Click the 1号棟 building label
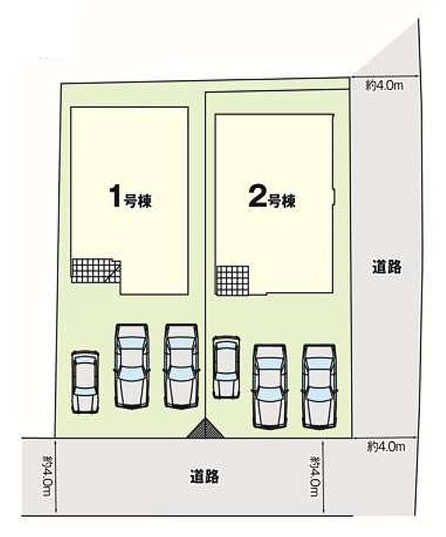(129, 197)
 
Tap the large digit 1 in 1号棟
(114, 196)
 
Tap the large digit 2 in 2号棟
(256, 198)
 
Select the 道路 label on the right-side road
(387, 267)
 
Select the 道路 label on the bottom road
(205, 476)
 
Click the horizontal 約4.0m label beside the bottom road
(385, 446)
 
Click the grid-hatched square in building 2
(232, 279)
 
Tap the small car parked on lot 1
(85, 382)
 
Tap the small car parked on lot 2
(226, 367)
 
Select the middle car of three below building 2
(270, 384)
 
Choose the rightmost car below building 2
(319, 384)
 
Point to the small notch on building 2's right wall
(334, 197)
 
